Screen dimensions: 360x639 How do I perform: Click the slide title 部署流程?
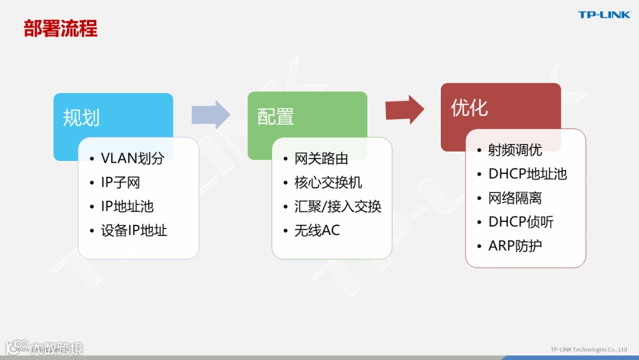(x=60, y=28)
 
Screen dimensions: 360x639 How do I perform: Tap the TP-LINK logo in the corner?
(x=604, y=15)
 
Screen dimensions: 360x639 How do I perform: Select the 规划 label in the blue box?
(x=81, y=118)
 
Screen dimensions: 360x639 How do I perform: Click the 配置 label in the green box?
(x=275, y=117)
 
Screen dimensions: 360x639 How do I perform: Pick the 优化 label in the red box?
(x=469, y=108)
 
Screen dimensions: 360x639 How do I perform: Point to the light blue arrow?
(x=211, y=114)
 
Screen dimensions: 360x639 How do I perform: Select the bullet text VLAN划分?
(x=132, y=158)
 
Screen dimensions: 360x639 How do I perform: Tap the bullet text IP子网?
(x=120, y=182)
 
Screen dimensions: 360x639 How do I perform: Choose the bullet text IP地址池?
(x=127, y=206)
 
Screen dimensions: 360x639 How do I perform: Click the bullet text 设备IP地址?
(x=134, y=230)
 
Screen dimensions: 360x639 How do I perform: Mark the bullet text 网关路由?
(x=321, y=158)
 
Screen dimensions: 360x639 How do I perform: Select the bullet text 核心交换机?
(x=328, y=182)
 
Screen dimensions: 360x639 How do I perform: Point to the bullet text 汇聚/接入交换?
(x=338, y=206)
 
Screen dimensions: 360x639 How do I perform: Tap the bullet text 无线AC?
(x=317, y=230)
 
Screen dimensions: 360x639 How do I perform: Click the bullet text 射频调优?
(x=515, y=150)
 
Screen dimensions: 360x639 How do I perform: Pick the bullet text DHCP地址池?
(x=527, y=173)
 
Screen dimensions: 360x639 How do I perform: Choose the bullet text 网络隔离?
(x=515, y=198)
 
